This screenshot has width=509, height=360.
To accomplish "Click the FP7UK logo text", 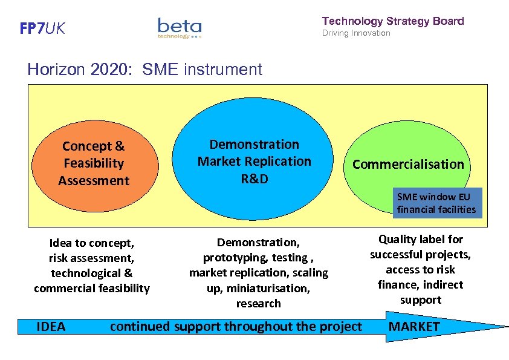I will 42,28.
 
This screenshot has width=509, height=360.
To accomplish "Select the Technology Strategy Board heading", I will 393,21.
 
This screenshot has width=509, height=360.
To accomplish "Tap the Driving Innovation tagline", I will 356,33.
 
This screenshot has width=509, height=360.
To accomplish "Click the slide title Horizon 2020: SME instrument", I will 144,70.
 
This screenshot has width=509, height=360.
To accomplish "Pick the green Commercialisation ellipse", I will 408,145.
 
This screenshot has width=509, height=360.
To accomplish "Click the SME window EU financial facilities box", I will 436,203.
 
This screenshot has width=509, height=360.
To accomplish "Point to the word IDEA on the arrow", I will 51,327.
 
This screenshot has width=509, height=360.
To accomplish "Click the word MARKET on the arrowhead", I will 414,327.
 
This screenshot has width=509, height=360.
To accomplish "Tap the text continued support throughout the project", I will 236,327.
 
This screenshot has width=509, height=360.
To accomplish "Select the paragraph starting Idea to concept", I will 92,266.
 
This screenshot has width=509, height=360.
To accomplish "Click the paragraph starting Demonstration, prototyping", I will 258,273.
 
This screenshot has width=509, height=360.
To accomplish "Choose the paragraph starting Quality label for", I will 420,269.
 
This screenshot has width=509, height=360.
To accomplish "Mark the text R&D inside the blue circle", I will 254,178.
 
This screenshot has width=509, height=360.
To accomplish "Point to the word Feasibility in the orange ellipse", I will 94,163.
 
